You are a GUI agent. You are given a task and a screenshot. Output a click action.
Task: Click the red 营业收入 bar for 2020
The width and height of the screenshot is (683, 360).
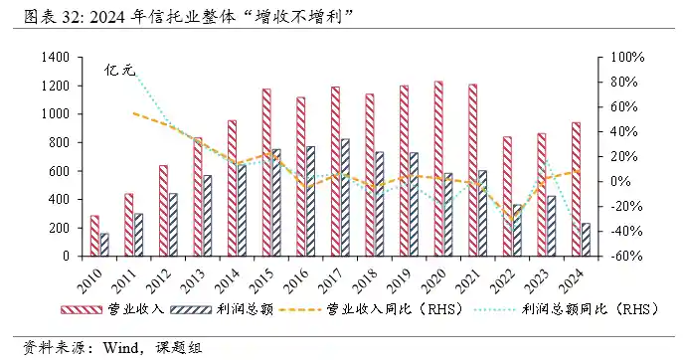(x=438, y=169)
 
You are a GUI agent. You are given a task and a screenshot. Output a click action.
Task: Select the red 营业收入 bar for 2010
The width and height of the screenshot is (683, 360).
(x=94, y=236)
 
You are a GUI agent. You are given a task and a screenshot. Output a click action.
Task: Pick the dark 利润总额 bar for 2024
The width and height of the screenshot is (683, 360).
(x=586, y=240)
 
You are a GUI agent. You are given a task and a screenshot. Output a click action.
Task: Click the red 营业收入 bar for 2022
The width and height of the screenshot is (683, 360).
(x=507, y=196)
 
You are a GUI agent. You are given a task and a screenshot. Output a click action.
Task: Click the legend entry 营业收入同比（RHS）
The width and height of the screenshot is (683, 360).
(x=377, y=309)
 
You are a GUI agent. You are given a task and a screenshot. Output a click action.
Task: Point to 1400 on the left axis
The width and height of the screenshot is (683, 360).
(x=54, y=58)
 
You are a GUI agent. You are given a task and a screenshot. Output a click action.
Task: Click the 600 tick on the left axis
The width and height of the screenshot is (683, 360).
(x=58, y=171)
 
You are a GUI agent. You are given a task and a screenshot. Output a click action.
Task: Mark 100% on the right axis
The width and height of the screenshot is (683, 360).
(x=622, y=58)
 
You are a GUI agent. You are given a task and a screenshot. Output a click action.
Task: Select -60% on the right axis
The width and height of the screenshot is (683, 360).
(x=622, y=257)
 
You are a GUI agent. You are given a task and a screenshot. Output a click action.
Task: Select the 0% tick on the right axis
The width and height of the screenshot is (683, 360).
(x=616, y=182)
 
